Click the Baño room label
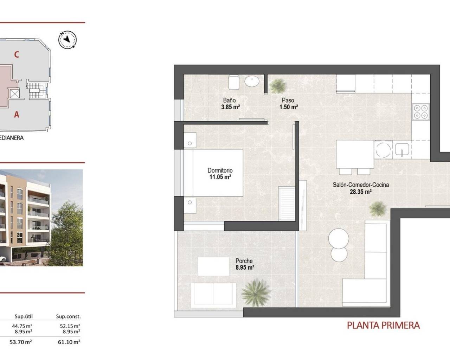229,100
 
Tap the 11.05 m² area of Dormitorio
220,177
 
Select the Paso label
288,100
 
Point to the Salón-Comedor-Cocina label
361,185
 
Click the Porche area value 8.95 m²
244,268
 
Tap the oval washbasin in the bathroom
252,82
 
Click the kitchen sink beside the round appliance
401,150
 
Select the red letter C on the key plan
16,54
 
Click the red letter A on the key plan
16,114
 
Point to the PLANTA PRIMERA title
383,325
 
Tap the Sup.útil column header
24,316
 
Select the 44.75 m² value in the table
24,326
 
